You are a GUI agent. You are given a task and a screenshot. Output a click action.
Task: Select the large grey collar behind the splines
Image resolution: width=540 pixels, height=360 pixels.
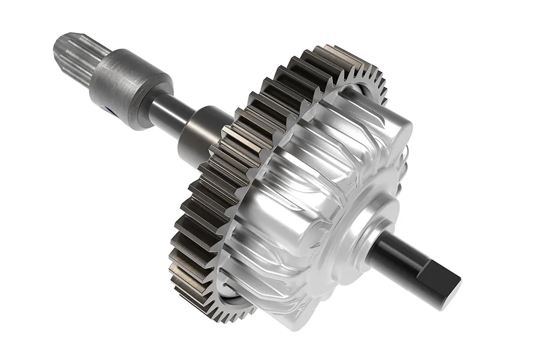coord(129,84)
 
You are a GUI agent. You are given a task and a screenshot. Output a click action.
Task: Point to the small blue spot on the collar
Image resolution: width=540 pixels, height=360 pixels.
coord(108,110)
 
